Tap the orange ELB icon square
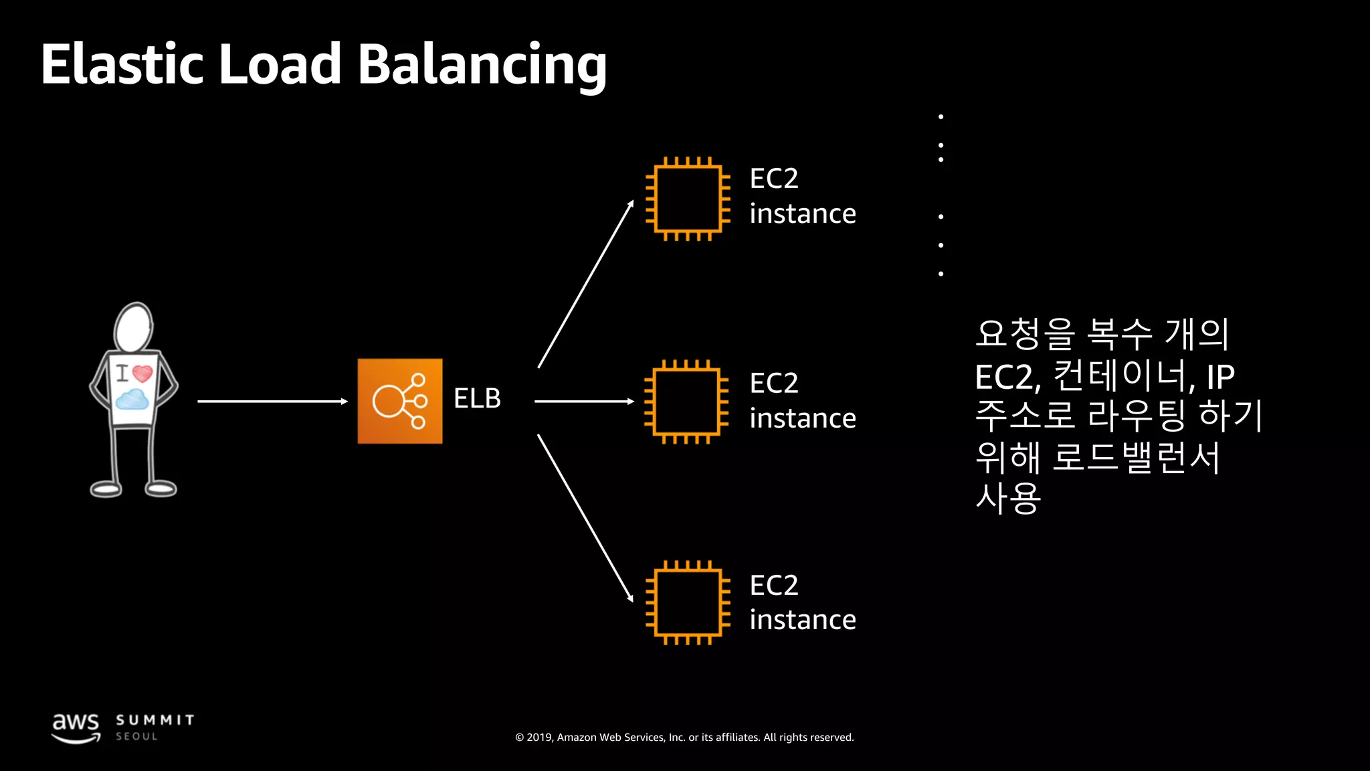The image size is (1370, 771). tap(399, 401)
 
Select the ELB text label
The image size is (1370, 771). tap(477, 399)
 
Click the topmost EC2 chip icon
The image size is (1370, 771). tap(687, 199)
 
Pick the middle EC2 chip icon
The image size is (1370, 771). tap(686, 402)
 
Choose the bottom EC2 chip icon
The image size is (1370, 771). tap(687, 602)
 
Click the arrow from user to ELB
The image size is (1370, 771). tap(272, 402)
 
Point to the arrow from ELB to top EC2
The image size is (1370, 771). tap(585, 284)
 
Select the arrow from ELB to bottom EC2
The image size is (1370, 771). tap(585, 518)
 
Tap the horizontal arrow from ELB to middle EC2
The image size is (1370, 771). tap(584, 402)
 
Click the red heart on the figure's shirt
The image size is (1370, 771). tap(142, 373)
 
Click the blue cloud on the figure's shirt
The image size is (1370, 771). tap(132, 400)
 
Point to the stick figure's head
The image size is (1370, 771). tap(133, 327)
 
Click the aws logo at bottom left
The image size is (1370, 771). tap(76, 727)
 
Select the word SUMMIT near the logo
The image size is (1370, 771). tap(155, 720)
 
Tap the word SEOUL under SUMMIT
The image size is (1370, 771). tap(136, 736)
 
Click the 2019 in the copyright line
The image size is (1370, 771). tap(539, 738)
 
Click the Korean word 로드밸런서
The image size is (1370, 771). tap(1136, 458)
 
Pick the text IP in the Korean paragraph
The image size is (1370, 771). tap(1220, 377)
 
